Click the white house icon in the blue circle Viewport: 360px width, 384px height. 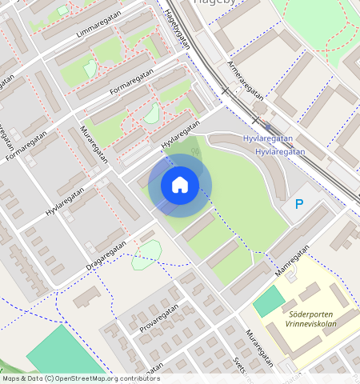tap(180, 185)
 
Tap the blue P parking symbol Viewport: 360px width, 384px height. tap(299, 205)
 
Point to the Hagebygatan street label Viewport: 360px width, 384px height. tap(178, 28)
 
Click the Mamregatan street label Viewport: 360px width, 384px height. tap(291, 262)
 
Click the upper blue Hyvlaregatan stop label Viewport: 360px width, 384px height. tap(267, 139)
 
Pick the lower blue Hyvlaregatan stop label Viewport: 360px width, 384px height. tap(280, 151)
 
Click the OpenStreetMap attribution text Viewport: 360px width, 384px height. tap(80, 378)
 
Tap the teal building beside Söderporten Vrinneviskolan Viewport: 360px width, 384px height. tap(270, 302)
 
